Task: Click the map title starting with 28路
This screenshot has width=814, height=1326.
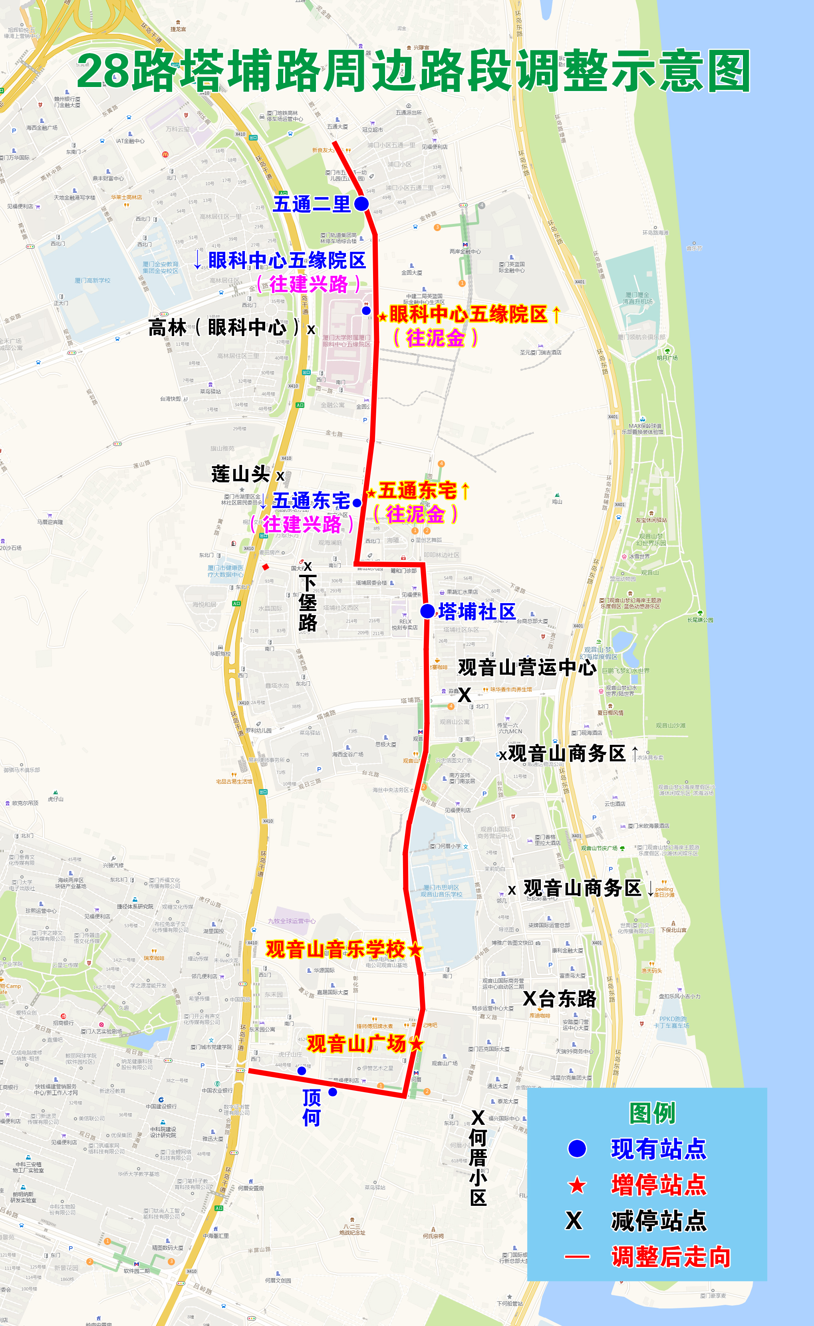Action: pyautogui.click(x=413, y=71)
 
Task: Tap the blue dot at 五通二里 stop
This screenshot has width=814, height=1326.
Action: pyautogui.click(x=361, y=204)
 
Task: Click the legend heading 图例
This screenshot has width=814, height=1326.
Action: pyautogui.click(x=652, y=1113)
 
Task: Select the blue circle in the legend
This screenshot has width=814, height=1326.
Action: pyautogui.click(x=577, y=1148)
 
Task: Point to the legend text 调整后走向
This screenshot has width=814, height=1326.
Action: pyautogui.click(x=671, y=1257)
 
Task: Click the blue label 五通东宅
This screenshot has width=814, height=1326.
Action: pyautogui.click(x=311, y=501)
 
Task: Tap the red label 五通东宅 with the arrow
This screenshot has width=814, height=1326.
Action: pyautogui.click(x=418, y=490)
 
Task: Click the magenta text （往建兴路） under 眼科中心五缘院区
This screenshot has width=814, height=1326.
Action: pyautogui.click(x=308, y=284)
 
